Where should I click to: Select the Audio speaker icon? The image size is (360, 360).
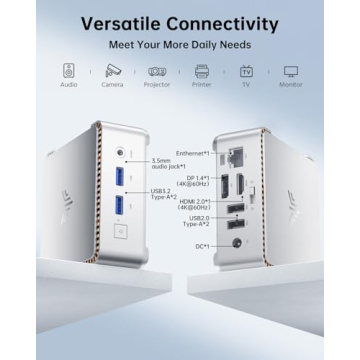[68, 72]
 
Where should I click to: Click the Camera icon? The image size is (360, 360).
[113, 72]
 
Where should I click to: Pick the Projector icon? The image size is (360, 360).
[157, 72]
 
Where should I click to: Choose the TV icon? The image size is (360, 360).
[247, 72]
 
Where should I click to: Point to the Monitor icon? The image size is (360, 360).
[292, 72]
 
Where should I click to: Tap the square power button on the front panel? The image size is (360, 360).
[121, 233]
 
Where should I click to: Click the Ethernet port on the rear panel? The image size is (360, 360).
[237, 156]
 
